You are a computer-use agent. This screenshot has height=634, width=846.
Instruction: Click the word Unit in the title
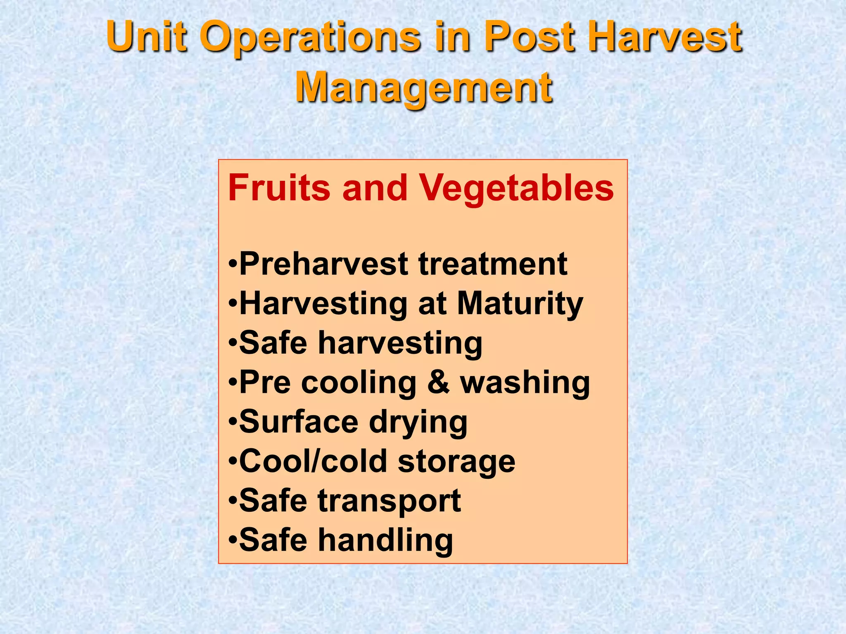147,37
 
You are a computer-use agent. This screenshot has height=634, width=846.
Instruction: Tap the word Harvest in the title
665,37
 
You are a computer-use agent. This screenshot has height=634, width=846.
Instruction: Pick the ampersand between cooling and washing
438,383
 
